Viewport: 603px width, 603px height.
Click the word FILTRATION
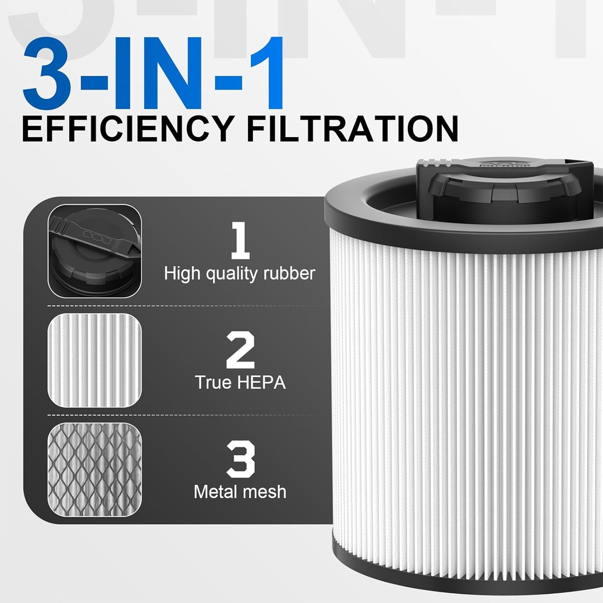(353, 129)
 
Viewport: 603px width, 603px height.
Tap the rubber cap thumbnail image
(94, 251)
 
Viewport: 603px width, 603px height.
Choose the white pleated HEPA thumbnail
(94, 360)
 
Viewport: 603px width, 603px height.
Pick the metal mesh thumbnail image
(94, 469)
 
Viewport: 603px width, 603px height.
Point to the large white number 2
(240, 350)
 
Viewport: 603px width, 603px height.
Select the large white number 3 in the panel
(240, 459)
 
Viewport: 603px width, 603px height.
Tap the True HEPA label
(240, 382)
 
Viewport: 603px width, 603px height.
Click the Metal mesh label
(240, 491)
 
